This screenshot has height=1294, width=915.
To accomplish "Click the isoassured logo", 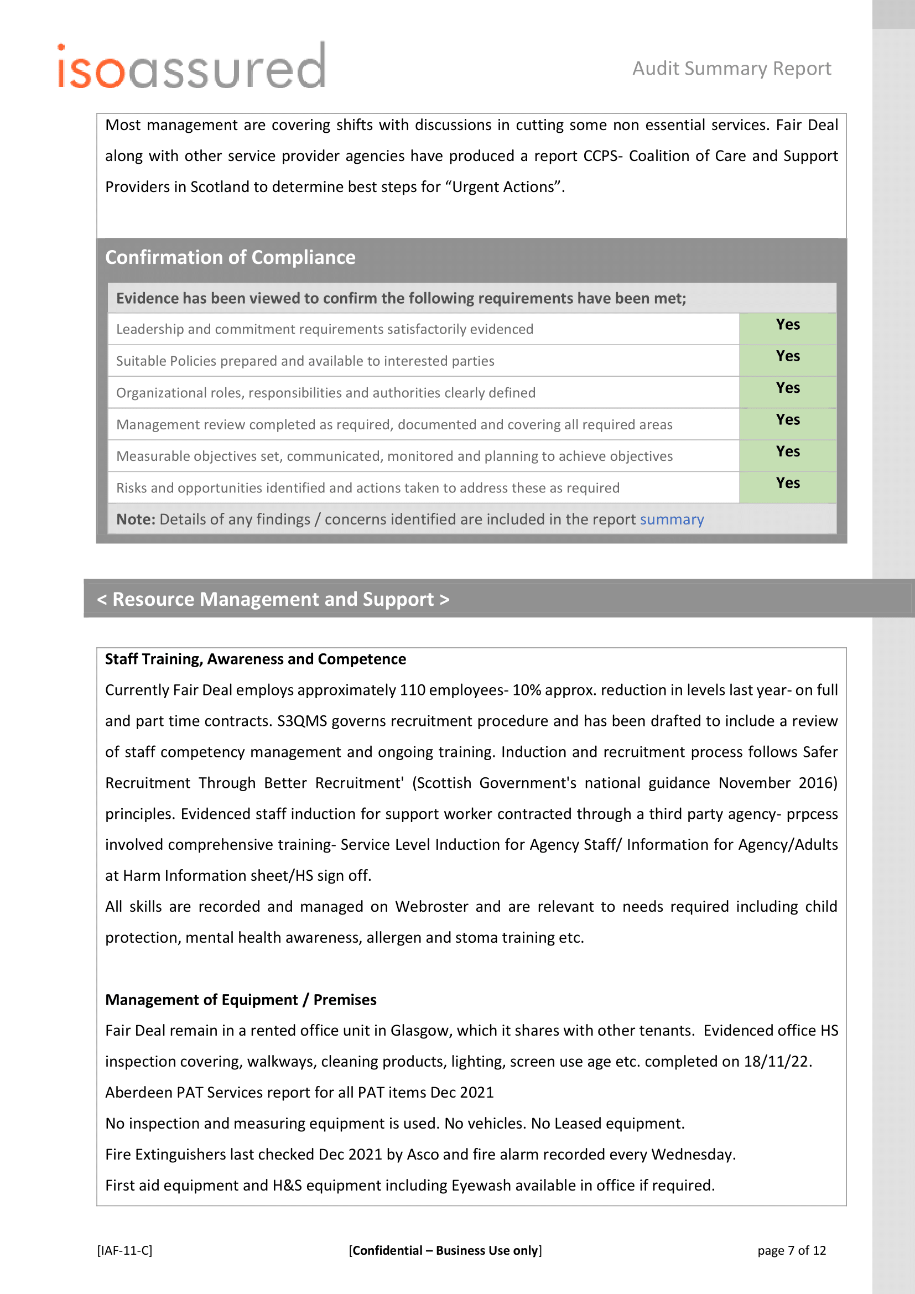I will [x=191, y=67].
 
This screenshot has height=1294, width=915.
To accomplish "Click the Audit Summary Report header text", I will [x=731, y=69].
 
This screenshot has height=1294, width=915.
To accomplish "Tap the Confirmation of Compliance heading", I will [x=230, y=258].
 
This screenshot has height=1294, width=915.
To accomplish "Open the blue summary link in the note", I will [x=672, y=519].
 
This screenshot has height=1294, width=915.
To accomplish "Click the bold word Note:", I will [x=135, y=519].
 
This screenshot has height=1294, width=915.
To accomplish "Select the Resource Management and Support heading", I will [x=273, y=599].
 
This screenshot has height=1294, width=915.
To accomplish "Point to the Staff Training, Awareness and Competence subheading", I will [x=255, y=659].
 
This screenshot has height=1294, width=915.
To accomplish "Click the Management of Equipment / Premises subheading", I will [x=241, y=1000].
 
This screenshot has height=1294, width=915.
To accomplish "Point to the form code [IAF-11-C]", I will [x=124, y=1251].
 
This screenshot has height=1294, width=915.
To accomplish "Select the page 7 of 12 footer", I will [x=791, y=1251].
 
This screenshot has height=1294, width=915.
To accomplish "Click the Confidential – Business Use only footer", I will [x=445, y=1251].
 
